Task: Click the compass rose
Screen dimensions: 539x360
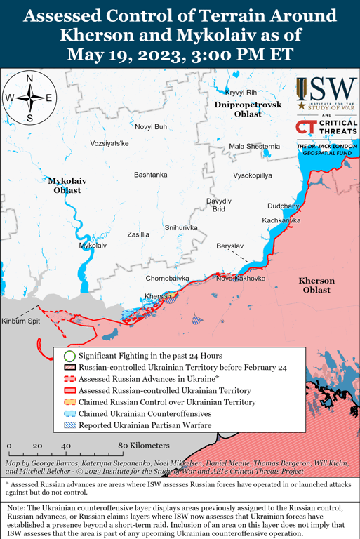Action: (x=29, y=98)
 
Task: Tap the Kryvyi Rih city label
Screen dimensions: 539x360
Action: (x=241, y=93)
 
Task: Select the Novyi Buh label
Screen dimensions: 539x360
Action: (x=151, y=126)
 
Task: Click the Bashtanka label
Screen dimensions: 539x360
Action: (x=150, y=174)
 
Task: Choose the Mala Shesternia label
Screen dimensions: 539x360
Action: (x=254, y=146)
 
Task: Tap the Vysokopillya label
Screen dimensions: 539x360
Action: (x=252, y=175)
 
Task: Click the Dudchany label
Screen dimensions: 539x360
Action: (x=283, y=206)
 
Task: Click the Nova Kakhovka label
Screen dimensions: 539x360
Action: (x=241, y=278)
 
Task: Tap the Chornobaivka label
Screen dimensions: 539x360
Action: (x=168, y=279)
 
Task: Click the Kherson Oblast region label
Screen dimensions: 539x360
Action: (x=316, y=285)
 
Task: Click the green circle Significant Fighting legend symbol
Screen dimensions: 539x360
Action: (x=69, y=356)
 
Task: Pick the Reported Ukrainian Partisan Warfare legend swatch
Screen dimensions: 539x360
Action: (x=69, y=425)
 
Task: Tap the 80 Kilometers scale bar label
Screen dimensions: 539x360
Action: (x=143, y=446)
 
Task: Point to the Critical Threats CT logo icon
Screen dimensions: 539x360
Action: (x=305, y=127)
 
